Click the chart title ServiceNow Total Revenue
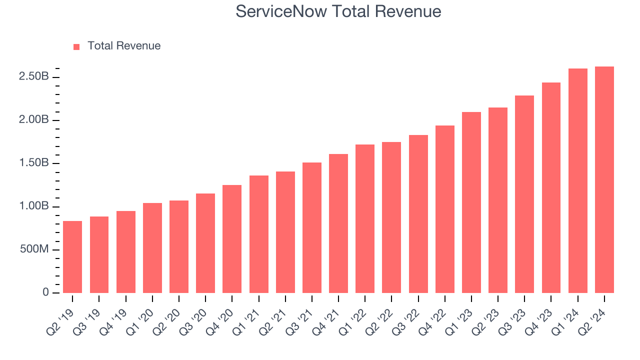[338, 11]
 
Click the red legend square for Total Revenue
[76, 46]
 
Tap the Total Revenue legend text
[124, 46]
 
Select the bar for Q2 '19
[72, 257]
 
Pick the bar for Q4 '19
[126, 252]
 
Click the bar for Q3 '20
[205, 243]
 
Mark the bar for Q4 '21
[338, 223]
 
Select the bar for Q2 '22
[391, 217]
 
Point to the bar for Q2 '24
[604, 180]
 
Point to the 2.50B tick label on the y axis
[34, 77]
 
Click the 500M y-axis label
[33, 249]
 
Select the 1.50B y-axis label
[34, 163]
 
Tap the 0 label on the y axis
[45, 292]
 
